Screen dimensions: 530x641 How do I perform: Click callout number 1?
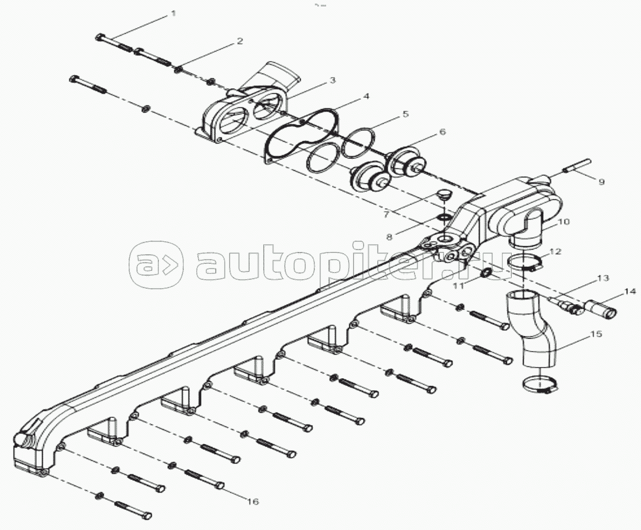174,13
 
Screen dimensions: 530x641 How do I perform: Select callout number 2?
240,41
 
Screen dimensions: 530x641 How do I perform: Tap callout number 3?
333,80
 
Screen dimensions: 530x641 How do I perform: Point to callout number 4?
366,96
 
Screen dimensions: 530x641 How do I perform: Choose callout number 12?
554,251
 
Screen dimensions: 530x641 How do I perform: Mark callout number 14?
629,291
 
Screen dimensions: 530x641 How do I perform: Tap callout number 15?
596,334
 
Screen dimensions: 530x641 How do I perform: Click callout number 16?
253,502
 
